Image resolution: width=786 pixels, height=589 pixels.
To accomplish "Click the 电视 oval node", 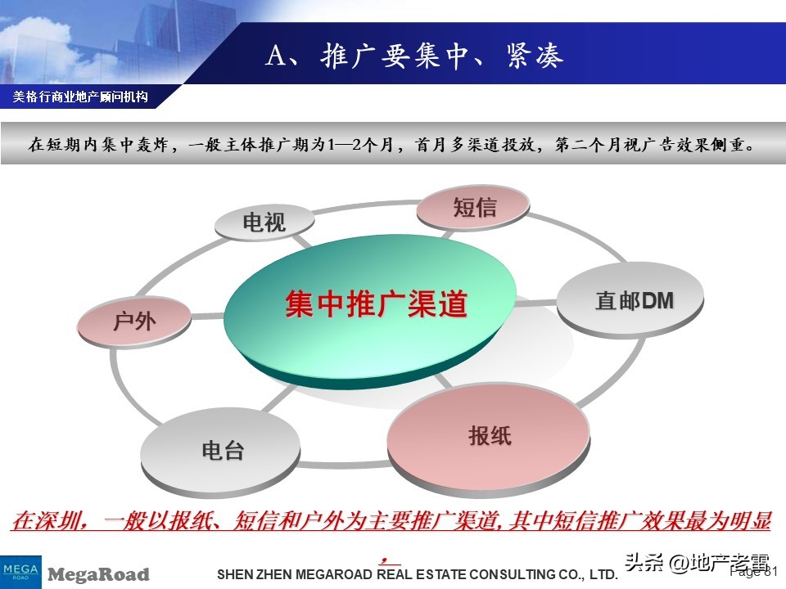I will pyautogui.click(x=264, y=222).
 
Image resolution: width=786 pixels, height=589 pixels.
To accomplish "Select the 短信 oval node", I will pyautogui.click(x=474, y=208).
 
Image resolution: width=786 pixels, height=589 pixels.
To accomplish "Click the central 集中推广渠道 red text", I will pyautogui.click(x=376, y=305).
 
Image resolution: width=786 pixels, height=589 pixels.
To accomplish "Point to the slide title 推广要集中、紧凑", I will pyautogui.click(x=442, y=57).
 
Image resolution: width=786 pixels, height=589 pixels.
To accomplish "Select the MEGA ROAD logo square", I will pyautogui.click(x=20, y=571).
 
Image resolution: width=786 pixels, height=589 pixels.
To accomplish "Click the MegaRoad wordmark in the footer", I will pyautogui.click(x=99, y=574).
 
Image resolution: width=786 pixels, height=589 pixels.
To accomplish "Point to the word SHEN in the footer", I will pyautogui.click(x=233, y=575).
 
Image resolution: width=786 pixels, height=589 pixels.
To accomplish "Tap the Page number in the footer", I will pyautogui.click(x=753, y=573).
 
